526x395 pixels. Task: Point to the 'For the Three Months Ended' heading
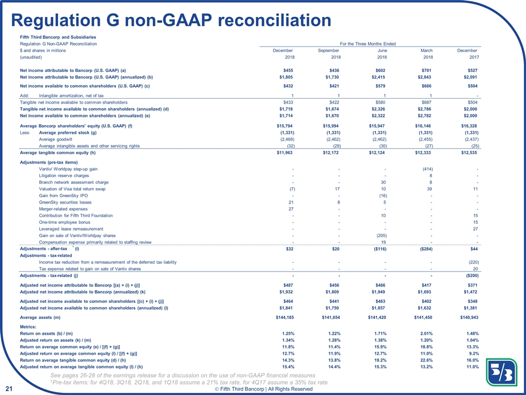(x=369, y=43)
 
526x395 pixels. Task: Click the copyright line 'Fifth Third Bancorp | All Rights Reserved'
(x=267, y=389)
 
